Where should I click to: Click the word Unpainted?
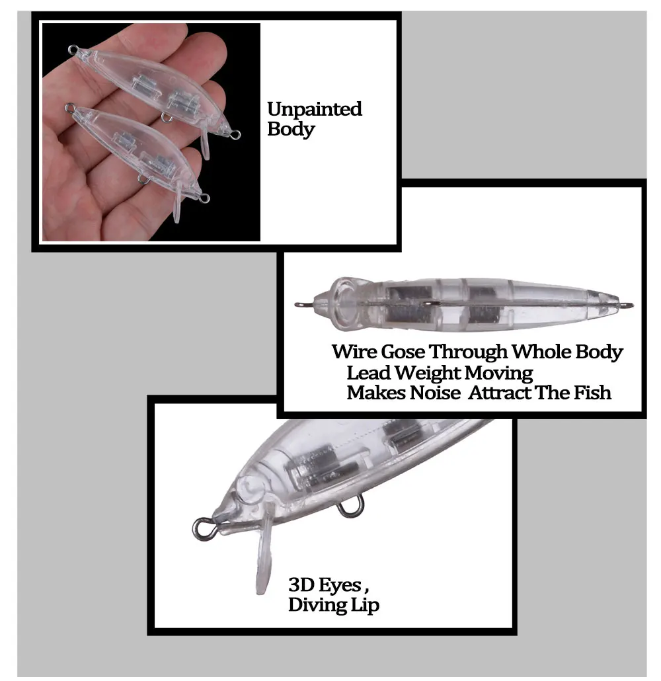[x=315, y=108]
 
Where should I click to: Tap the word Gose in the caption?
[x=402, y=352]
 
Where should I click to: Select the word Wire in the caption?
[x=354, y=352]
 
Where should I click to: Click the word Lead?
[x=368, y=373]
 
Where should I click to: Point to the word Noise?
[x=435, y=393]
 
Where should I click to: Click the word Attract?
[x=500, y=393]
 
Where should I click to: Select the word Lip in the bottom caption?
[x=365, y=605]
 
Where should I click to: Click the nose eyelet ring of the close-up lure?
[x=202, y=529]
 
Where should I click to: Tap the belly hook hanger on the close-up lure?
[x=350, y=509]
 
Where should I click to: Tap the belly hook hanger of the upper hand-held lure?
[x=166, y=117]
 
